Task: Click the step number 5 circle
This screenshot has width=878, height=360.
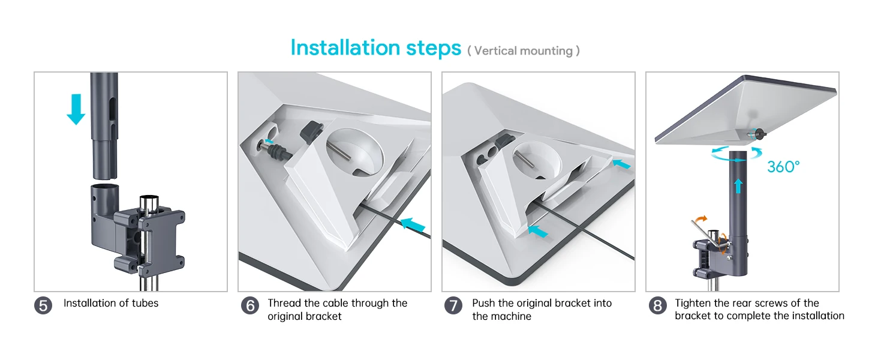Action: (43, 306)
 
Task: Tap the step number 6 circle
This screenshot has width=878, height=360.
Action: (250, 306)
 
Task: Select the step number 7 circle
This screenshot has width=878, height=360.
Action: (453, 306)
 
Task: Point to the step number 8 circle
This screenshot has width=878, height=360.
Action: (658, 306)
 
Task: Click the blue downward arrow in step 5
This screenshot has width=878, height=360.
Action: (76, 109)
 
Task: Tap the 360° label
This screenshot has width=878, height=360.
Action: (783, 167)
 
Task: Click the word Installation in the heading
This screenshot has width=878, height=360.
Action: (345, 48)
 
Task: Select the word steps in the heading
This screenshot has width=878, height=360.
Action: (434, 49)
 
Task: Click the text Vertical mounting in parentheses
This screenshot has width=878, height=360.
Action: (524, 51)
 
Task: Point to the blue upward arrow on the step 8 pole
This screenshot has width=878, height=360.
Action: (738, 186)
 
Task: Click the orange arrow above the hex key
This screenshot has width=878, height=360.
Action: (701, 219)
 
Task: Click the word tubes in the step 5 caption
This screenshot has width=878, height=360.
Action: (145, 303)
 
